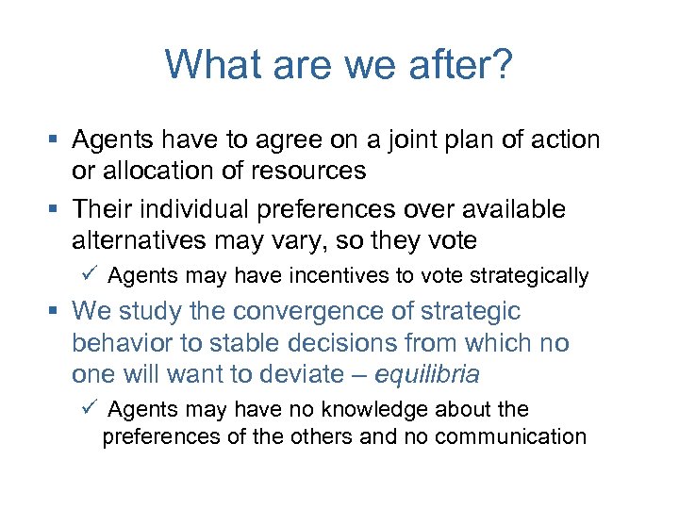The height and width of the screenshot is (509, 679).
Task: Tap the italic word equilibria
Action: pos(427,373)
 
